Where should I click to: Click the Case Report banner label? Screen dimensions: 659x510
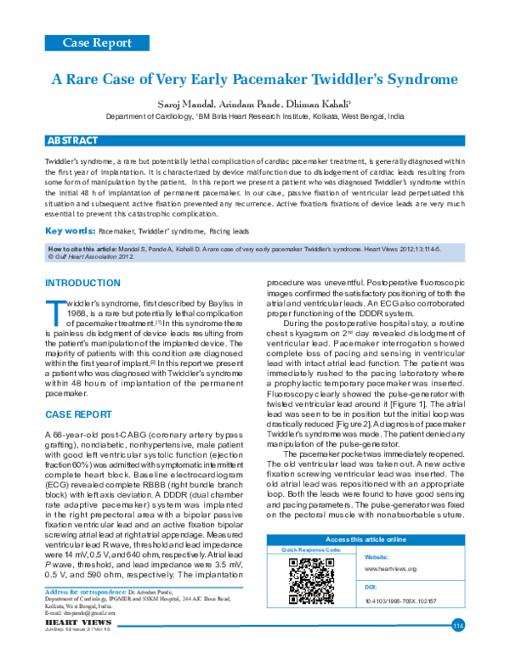(x=97, y=42)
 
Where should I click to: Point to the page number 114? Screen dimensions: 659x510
(x=457, y=626)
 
